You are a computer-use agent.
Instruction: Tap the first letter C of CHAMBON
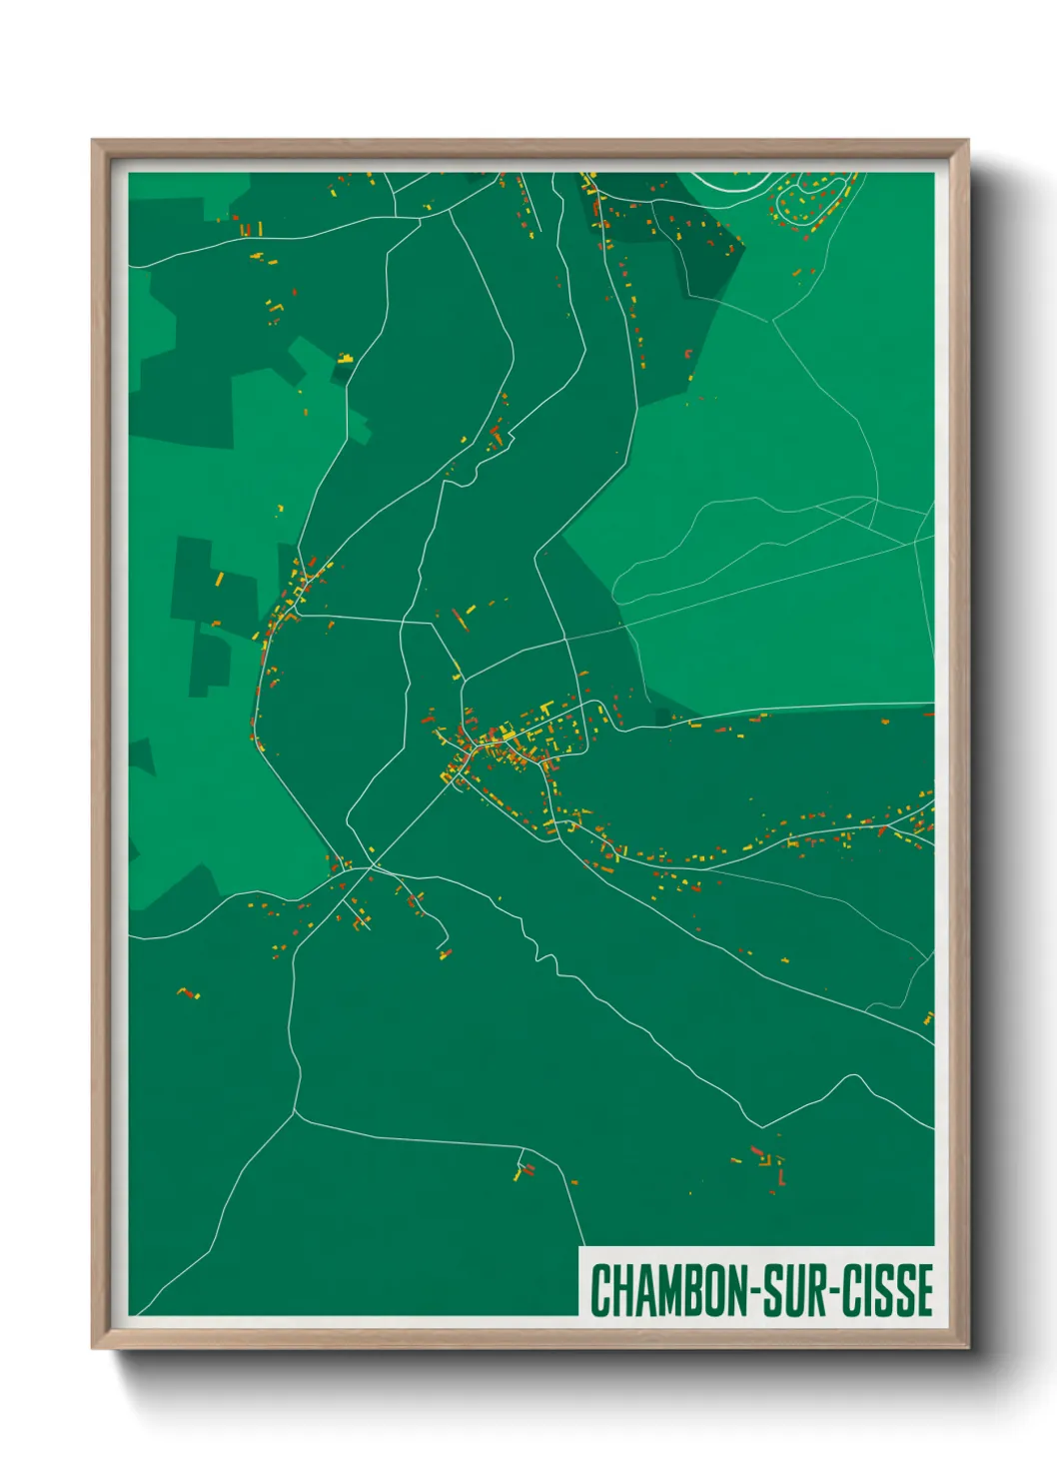(x=600, y=1290)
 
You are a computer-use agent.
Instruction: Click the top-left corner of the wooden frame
(x=94, y=142)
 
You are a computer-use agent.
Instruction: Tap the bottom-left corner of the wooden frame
(x=94, y=1346)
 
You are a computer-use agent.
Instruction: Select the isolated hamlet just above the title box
(x=767, y=1163)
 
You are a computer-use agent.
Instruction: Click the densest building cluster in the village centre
(x=500, y=739)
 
